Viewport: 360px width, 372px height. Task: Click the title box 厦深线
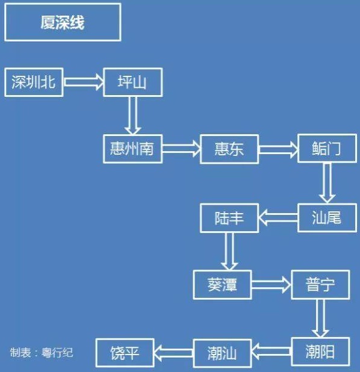pyautogui.click(x=63, y=22)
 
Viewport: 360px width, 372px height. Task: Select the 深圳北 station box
pyautogui.click(x=34, y=82)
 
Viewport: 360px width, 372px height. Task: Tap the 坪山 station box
pyautogui.click(x=133, y=82)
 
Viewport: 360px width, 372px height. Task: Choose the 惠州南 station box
pyautogui.click(x=133, y=149)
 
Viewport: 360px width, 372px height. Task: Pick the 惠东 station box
pyautogui.click(x=229, y=149)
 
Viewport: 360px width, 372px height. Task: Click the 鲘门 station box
pyautogui.click(x=327, y=148)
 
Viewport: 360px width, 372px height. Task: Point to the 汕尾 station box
pyautogui.click(x=327, y=217)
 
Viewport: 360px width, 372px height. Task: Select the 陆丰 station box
pyautogui.click(x=229, y=218)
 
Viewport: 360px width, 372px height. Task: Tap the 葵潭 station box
pyautogui.click(x=222, y=285)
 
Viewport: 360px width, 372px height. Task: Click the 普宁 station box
pyautogui.click(x=320, y=285)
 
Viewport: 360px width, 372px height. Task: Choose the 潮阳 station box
pyautogui.click(x=320, y=352)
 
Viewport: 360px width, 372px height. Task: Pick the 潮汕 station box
pyautogui.click(x=222, y=353)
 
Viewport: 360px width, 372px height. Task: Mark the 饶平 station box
pyautogui.click(x=125, y=353)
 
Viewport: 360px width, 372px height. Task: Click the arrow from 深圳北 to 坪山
pyautogui.click(x=84, y=82)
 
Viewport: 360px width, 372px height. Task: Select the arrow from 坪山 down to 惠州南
pyautogui.click(x=132, y=116)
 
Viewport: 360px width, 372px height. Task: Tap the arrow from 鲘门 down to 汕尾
pyautogui.click(x=327, y=183)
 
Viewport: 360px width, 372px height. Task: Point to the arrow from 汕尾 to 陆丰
pyautogui.click(x=278, y=217)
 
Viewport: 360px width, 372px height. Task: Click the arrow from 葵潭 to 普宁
pyautogui.click(x=272, y=285)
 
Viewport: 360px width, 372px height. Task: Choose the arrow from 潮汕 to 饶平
pyautogui.click(x=174, y=353)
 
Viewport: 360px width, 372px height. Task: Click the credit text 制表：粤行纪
pyautogui.click(x=42, y=353)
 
